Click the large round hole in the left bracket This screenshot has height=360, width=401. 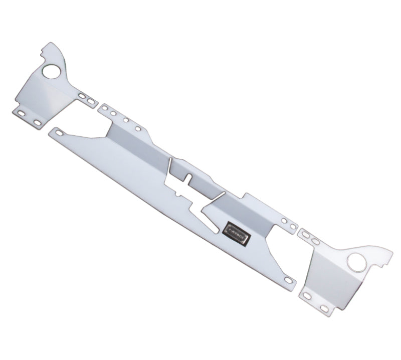click(51, 72)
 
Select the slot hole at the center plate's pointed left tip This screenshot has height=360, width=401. click(60, 133)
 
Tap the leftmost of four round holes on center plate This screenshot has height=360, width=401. click(105, 108)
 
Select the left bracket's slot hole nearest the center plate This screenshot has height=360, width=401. click(91, 101)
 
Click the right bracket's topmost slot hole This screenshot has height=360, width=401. click(304, 234)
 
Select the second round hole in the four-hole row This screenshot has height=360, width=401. click(114, 114)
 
